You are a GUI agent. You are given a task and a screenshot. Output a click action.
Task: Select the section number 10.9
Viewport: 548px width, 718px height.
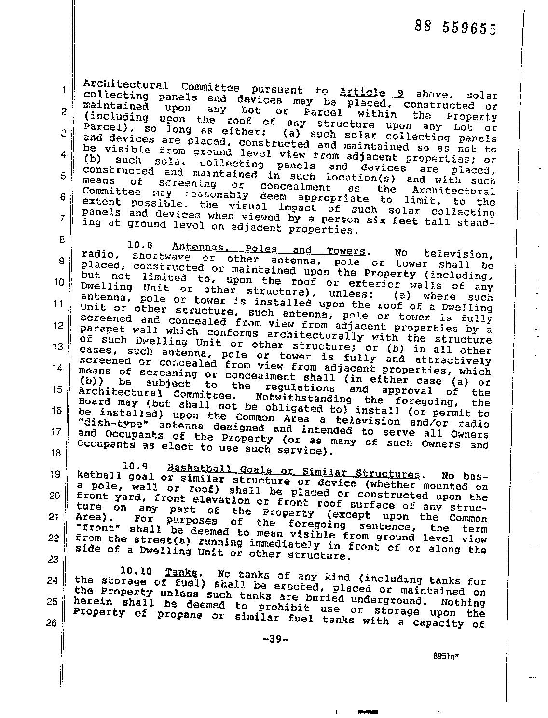[135, 466]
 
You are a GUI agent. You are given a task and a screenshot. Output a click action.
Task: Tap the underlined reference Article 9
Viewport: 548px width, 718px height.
[371, 92]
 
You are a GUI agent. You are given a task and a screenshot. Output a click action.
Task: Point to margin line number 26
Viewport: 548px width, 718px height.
[52, 623]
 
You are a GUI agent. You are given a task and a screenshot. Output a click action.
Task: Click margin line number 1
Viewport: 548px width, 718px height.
[63, 90]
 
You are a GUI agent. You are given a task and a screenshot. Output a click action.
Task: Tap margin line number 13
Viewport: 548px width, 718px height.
[58, 347]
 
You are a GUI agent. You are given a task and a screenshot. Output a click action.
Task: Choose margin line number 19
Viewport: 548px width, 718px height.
[55, 474]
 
